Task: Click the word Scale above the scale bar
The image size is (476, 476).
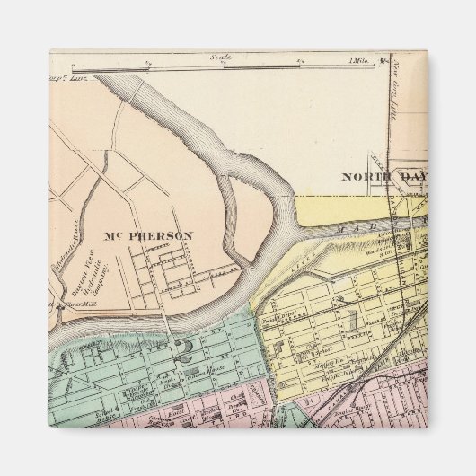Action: pyautogui.click(x=221, y=57)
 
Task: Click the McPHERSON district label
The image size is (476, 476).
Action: pyautogui.click(x=149, y=236)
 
